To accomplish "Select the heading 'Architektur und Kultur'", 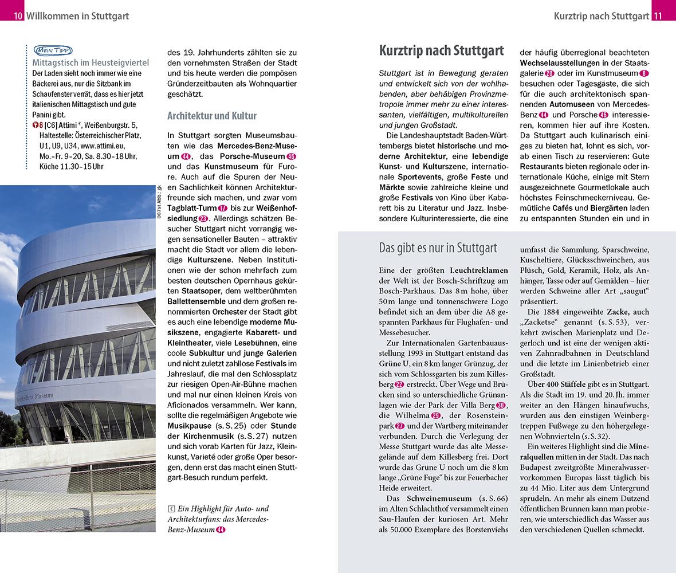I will pos(211,116).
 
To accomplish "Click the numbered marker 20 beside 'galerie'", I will pos(549,73).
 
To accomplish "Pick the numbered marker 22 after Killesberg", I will pos(400,384).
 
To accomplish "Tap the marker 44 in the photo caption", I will pos(221,530).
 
